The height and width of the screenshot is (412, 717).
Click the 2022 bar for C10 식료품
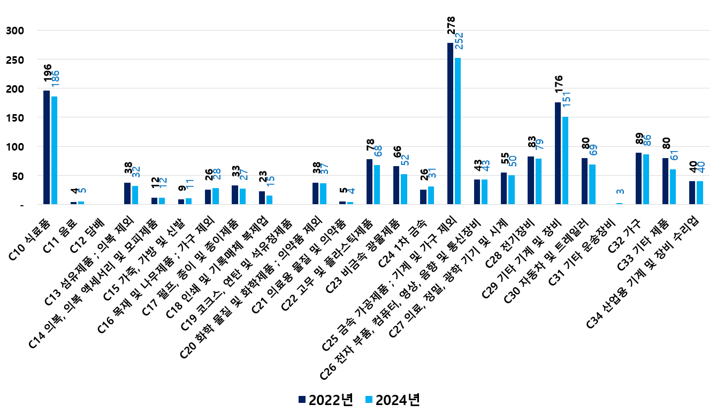click(x=47, y=147)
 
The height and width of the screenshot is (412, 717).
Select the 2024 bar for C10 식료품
click(x=54, y=150)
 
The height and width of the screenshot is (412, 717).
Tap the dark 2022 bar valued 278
click(x=450, y=123)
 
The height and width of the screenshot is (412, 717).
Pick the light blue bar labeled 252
click(x=457, y=131)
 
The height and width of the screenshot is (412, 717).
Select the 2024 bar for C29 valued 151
click(x=565, y=160)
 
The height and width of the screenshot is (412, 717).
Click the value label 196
click(x=47, y=74)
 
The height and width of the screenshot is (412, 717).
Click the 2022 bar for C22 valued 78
click(x=369, y=182)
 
